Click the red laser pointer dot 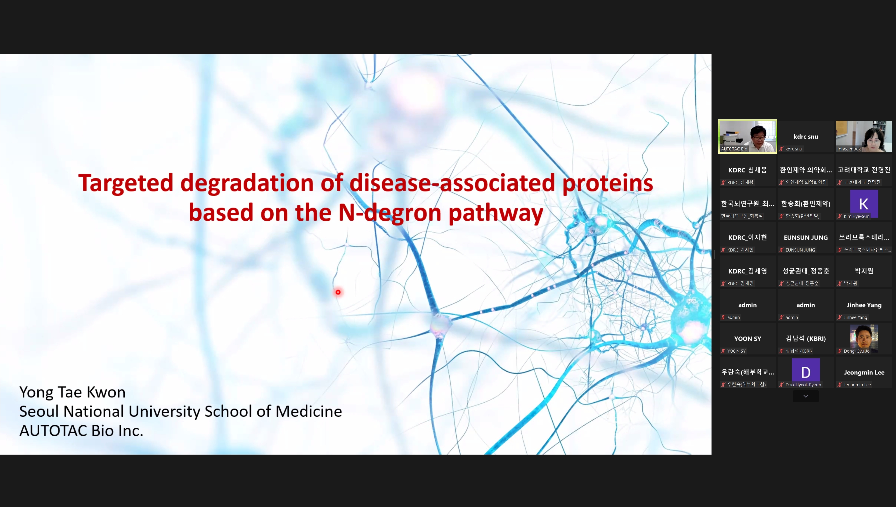coord(338,292)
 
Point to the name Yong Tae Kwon coord(72,392)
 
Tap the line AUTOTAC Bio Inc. coord(81,431)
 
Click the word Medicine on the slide coord(309,412)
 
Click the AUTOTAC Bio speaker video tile coord(748,136)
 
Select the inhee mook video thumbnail coord(864,136)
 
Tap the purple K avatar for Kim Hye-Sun coord(864,204)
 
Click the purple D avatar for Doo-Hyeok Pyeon coord(806,372)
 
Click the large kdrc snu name coord(806,136)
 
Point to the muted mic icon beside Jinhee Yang coord(840,317)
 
